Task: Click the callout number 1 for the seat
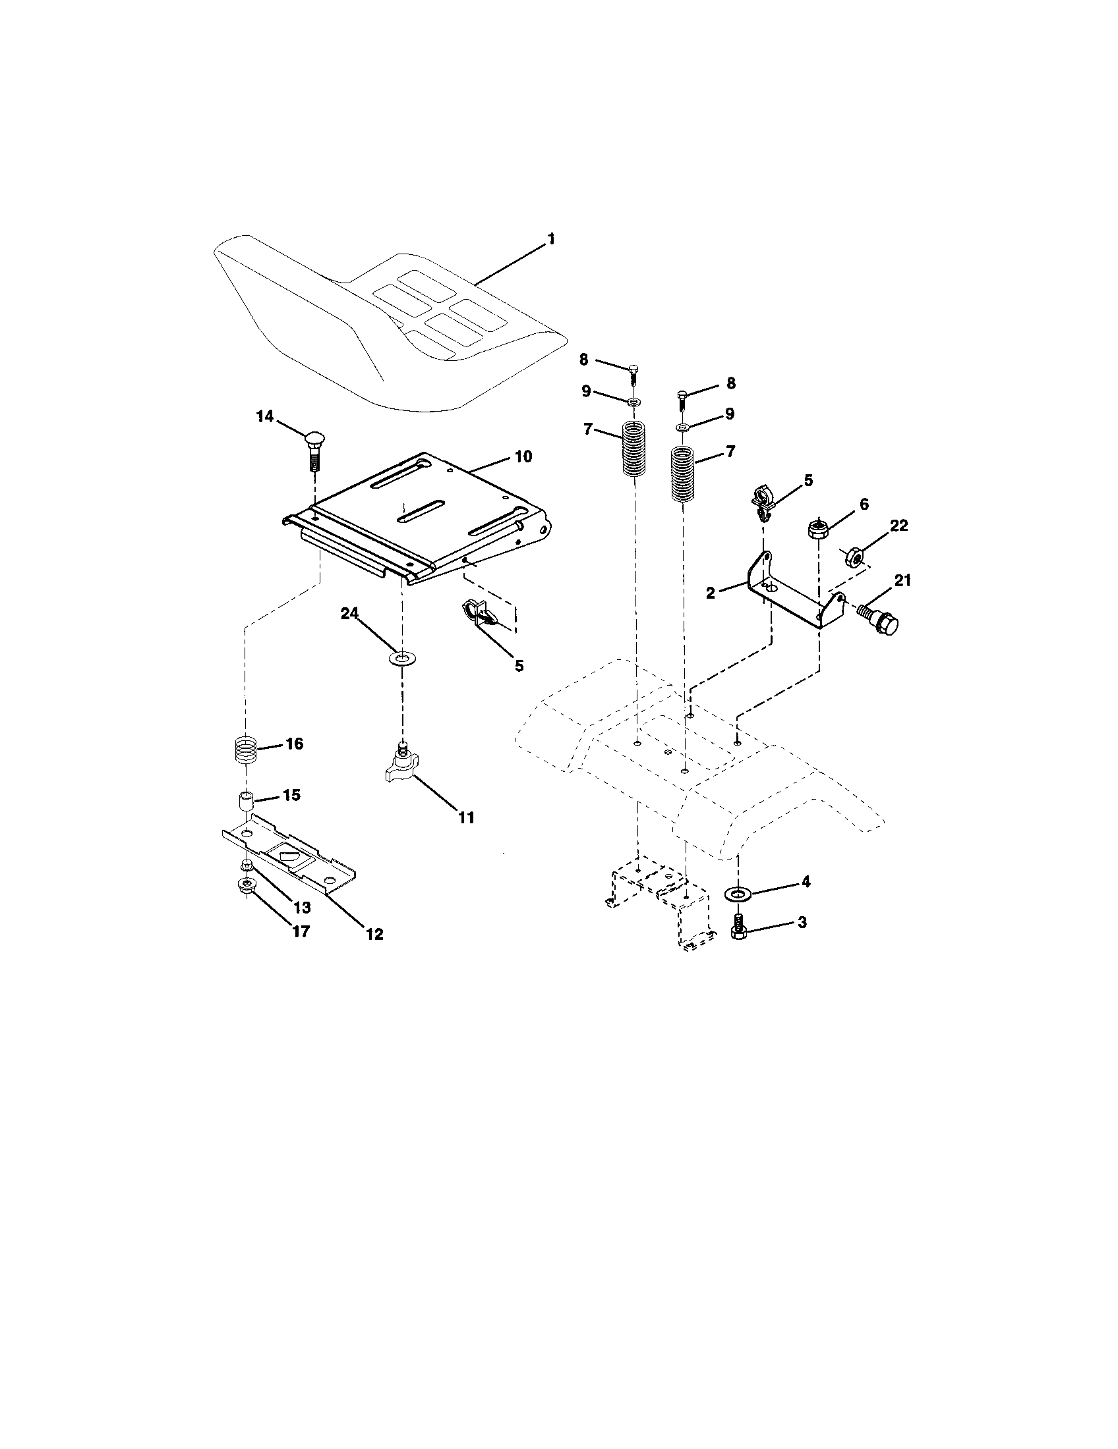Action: [550, 239]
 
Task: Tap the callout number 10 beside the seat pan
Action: [523, 457]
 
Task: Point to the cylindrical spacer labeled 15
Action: [247, 802]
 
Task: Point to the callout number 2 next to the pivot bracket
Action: [710, 593]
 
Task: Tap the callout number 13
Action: [303, 907]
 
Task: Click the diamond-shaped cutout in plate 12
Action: [289, 856]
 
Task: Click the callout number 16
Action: [293, 744]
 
